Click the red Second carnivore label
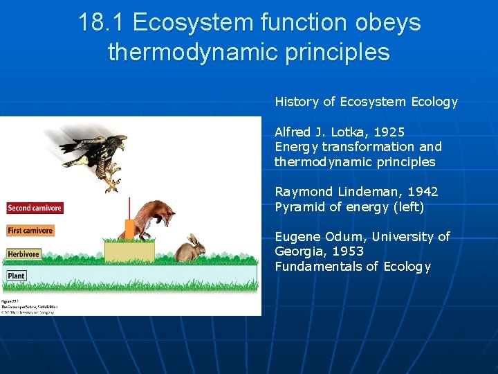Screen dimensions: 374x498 [x=35, y=208]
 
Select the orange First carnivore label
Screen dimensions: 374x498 [x=30, y=231]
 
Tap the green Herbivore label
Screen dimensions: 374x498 [x=23, y=254]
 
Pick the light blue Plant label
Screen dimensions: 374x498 [x=17, y=276]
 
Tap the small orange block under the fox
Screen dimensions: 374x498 [x=129, y=229]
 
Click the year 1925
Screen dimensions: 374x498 [x=387, y=132]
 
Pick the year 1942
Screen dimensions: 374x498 [x=422, y=192]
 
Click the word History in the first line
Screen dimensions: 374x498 [x=297, y=102]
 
